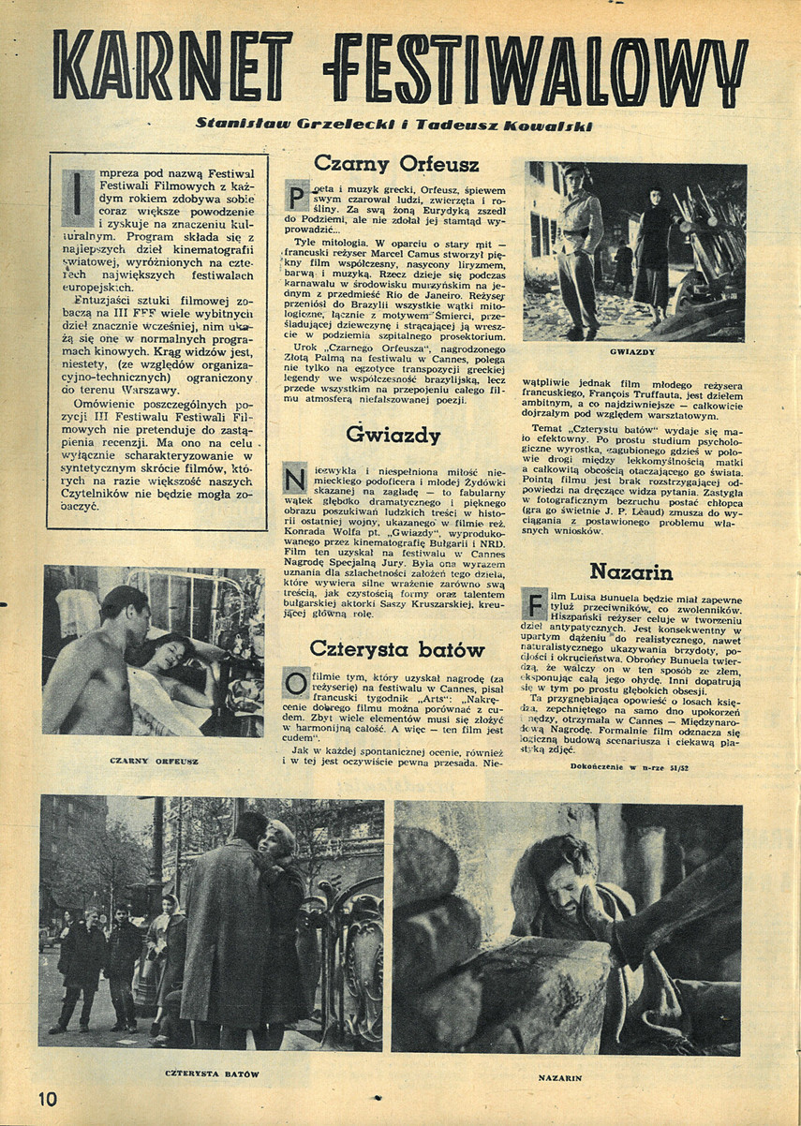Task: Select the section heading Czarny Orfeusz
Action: pyautogui.click(x=396, y=164)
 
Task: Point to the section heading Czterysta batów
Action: pyautogui.click(x=396, y=650)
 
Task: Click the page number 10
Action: pyautogui.click(x=49, y=1098)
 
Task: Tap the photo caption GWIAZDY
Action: pyautogui.click(x=632, y=352)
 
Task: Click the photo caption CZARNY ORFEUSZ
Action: pyautogui.click(x=154, y=761)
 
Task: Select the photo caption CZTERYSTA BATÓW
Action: pyautogui.click(x=212, y=1073)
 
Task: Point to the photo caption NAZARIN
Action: pyautogui.click(x=560, y=1077)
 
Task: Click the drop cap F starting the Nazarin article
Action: pyautogui.click(x=534, y=602)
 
